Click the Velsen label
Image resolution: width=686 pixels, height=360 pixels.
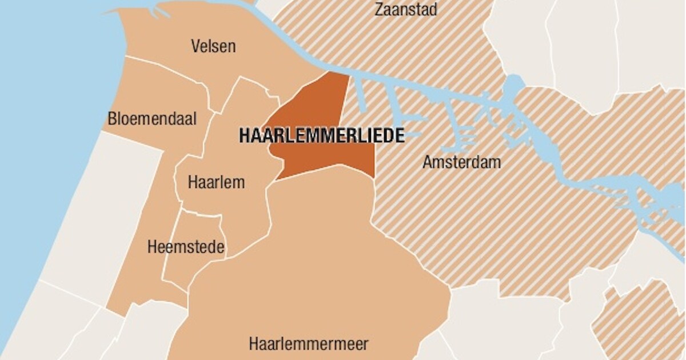(213, 46)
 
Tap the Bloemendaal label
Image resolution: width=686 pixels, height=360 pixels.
(152, 119)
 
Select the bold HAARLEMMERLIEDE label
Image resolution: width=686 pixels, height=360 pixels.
(322, 136)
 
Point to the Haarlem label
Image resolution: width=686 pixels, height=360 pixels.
(216, 182)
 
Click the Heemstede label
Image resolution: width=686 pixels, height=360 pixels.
(186, 247)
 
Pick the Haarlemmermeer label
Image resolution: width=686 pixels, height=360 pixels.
(309, 344)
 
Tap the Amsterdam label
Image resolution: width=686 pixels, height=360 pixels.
(461, 162)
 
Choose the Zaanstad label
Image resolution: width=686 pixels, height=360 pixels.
(406, 10)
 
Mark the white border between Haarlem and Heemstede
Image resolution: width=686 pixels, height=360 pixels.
(200, 213)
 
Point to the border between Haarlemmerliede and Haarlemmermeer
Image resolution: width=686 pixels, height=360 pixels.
(320, 169)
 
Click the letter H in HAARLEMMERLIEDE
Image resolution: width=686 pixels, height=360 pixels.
(244, 136)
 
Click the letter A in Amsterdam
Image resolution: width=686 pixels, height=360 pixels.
(428, 162)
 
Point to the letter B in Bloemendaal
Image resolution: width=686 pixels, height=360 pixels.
(112, 119)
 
